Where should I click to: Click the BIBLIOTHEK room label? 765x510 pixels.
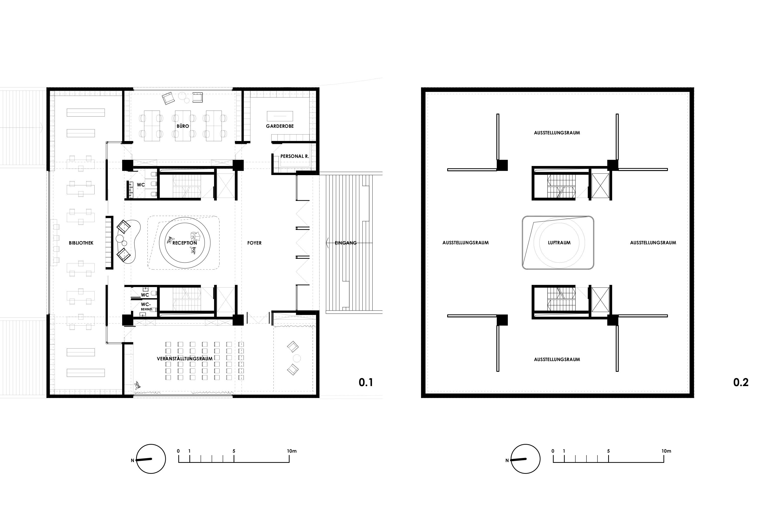click(x=81, y=243)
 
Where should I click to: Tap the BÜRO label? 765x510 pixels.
click(x=183, y=126)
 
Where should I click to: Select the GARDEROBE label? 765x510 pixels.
click(x=280, y=126)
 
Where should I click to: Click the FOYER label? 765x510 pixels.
click(x=254, y=243)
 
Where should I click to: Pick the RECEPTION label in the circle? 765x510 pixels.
click(x=185, y=243)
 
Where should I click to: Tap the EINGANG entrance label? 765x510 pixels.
click(x=346, y=243)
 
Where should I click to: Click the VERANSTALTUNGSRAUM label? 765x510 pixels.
click(x=185, y=359)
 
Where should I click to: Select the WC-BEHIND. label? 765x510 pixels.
click(x=146, y=307)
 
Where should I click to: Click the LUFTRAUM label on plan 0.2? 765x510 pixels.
click(x=559, y=243)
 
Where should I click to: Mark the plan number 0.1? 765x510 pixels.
click(x=366, y=382)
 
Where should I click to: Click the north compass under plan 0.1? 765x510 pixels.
click(x=151, y=459)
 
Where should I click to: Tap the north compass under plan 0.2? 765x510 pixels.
click(x=525, y=459)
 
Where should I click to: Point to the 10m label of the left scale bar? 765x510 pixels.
click(x=292, y=451)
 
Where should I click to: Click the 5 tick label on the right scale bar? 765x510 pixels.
click(x=608, y=451)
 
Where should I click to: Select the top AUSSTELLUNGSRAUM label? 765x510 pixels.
click(x=557, y=133)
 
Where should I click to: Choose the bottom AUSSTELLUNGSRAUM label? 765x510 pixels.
click(x=557, y=359)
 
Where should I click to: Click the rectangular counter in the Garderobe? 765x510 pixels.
click(x=280, y=116)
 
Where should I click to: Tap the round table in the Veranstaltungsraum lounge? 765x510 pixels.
click(x=297, y=359)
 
